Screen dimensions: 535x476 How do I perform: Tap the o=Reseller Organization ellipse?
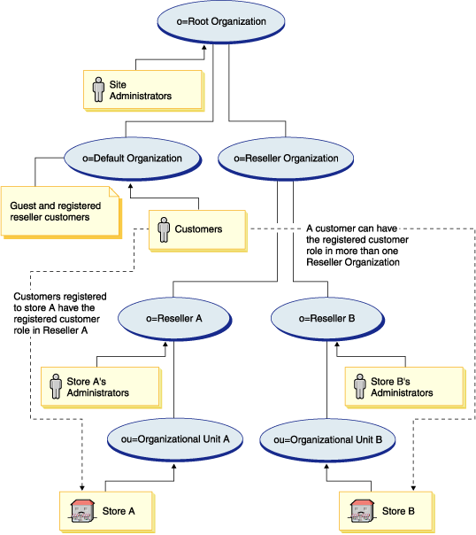click(x=280, y=159)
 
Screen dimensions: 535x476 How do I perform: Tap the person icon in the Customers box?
click(x=162, y=229)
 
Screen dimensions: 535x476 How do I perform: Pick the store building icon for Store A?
click(x=82, y=510)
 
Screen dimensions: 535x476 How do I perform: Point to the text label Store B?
click(x=398, y=511)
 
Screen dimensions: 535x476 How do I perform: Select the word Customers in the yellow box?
click(x=198, y=229)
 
